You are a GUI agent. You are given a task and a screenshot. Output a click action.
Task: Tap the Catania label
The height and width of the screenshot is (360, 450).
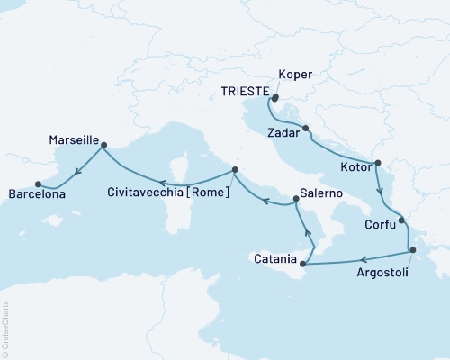tap(272, 259)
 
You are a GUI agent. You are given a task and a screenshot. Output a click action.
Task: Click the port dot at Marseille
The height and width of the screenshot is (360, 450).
tap(103, 142)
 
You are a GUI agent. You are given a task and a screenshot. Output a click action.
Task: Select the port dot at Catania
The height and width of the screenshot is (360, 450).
tap(302, 265)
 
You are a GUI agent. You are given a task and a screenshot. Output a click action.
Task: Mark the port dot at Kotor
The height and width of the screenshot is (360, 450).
tap(377, 164)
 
